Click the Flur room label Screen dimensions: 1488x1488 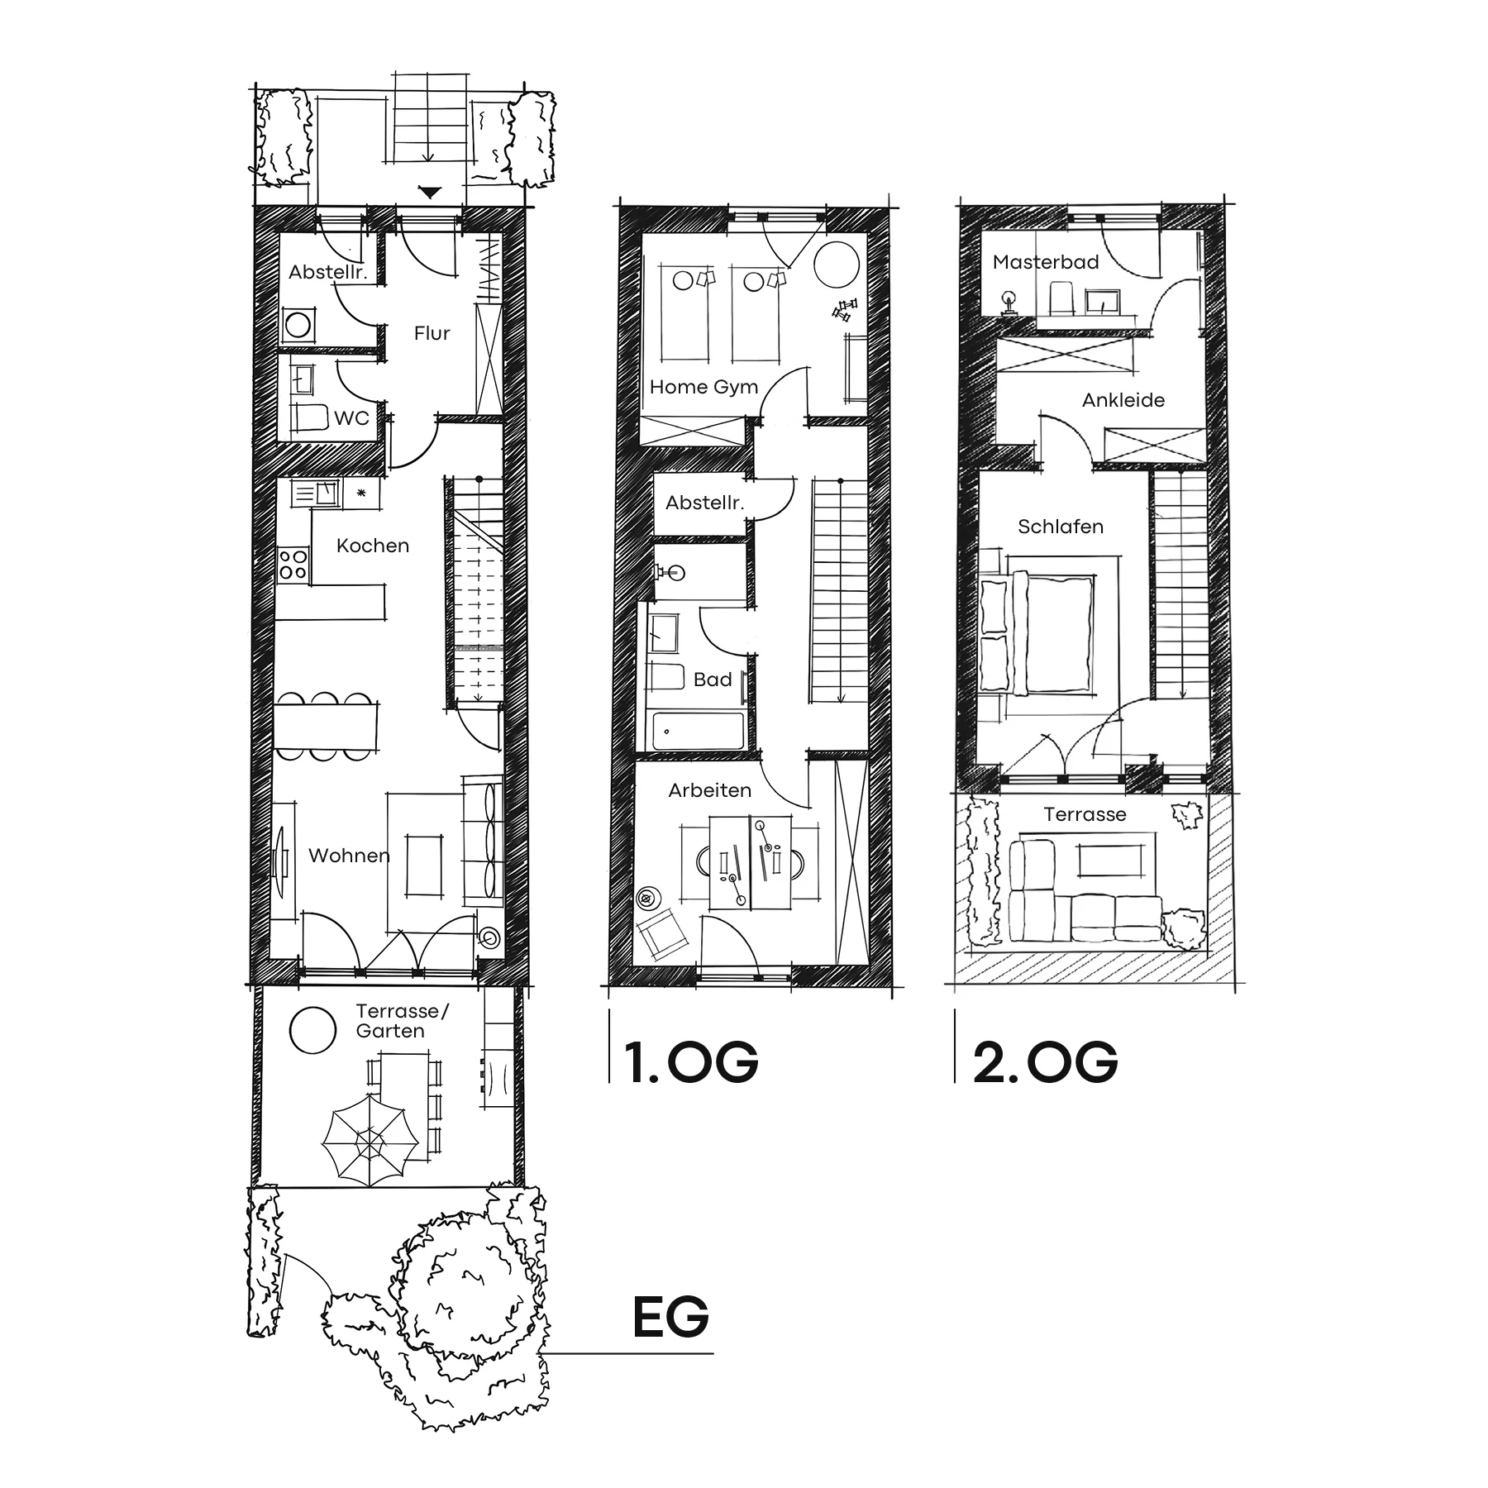[432, 333]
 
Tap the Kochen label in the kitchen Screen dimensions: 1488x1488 [373, 546]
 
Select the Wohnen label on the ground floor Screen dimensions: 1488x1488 [349, 856]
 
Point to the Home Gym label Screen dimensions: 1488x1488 [703, 387]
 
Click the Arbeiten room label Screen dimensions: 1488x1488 [710, 790]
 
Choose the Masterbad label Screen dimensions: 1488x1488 [1046, 262]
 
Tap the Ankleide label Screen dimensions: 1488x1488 [1123, 400]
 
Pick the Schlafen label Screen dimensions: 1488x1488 [1061, 527]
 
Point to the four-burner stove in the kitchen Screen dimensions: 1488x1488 [293, 564]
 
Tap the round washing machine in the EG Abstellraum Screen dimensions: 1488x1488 [298, 324]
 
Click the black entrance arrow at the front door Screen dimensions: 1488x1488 [430, 193]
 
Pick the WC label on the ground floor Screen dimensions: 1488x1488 [351, 418]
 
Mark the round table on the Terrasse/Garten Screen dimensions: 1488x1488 [313, 1030]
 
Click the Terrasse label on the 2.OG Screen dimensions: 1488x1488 [1085, 814]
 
